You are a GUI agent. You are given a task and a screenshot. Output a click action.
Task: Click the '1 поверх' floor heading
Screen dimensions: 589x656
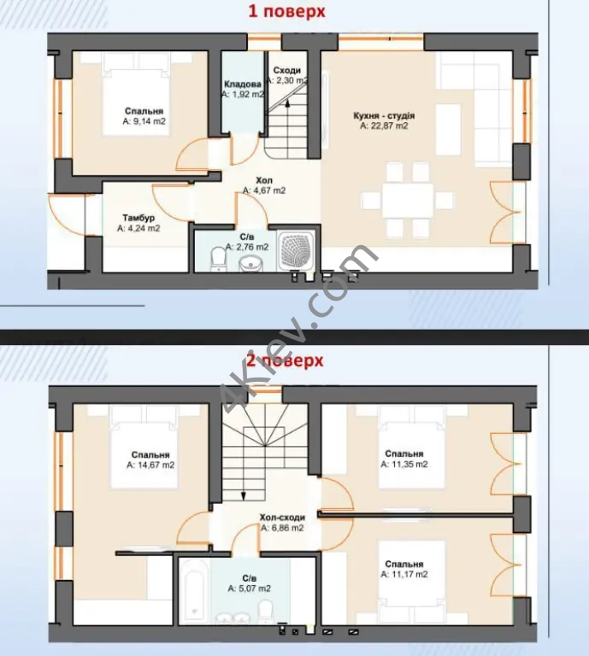(286, 12)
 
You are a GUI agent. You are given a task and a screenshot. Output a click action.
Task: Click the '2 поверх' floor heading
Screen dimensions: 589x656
(285, 360)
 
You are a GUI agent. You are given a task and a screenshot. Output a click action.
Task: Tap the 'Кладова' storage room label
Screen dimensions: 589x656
(242, 84)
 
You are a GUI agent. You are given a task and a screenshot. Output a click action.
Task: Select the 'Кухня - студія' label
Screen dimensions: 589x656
(384, 115)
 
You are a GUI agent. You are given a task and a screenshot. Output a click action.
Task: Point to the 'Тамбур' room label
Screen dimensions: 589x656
(138, 218)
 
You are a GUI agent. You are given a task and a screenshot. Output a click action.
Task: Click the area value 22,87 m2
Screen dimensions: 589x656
(384, 126)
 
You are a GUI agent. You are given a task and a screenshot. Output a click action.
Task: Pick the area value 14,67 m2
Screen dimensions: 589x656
(150, 465)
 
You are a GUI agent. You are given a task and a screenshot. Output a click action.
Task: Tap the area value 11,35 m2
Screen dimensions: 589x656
(404, 464)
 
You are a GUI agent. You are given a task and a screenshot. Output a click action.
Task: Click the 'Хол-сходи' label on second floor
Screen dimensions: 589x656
(282, 518)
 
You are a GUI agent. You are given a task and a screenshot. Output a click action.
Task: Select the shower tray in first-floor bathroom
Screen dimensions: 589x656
(296, 250)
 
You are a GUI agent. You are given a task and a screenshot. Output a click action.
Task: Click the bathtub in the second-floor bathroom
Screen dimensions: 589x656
(194, 592)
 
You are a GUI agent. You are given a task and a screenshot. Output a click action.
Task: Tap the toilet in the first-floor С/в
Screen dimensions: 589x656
(218, 258)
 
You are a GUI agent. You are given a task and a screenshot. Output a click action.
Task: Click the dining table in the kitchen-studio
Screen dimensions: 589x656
(407, 201)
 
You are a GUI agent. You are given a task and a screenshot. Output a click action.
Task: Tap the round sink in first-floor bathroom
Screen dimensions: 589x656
(250, 264)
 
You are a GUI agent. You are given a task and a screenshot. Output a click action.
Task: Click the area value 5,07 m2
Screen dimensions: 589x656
(249, 589)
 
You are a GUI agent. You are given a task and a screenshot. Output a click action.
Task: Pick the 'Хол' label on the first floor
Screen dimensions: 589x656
(264, 180)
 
